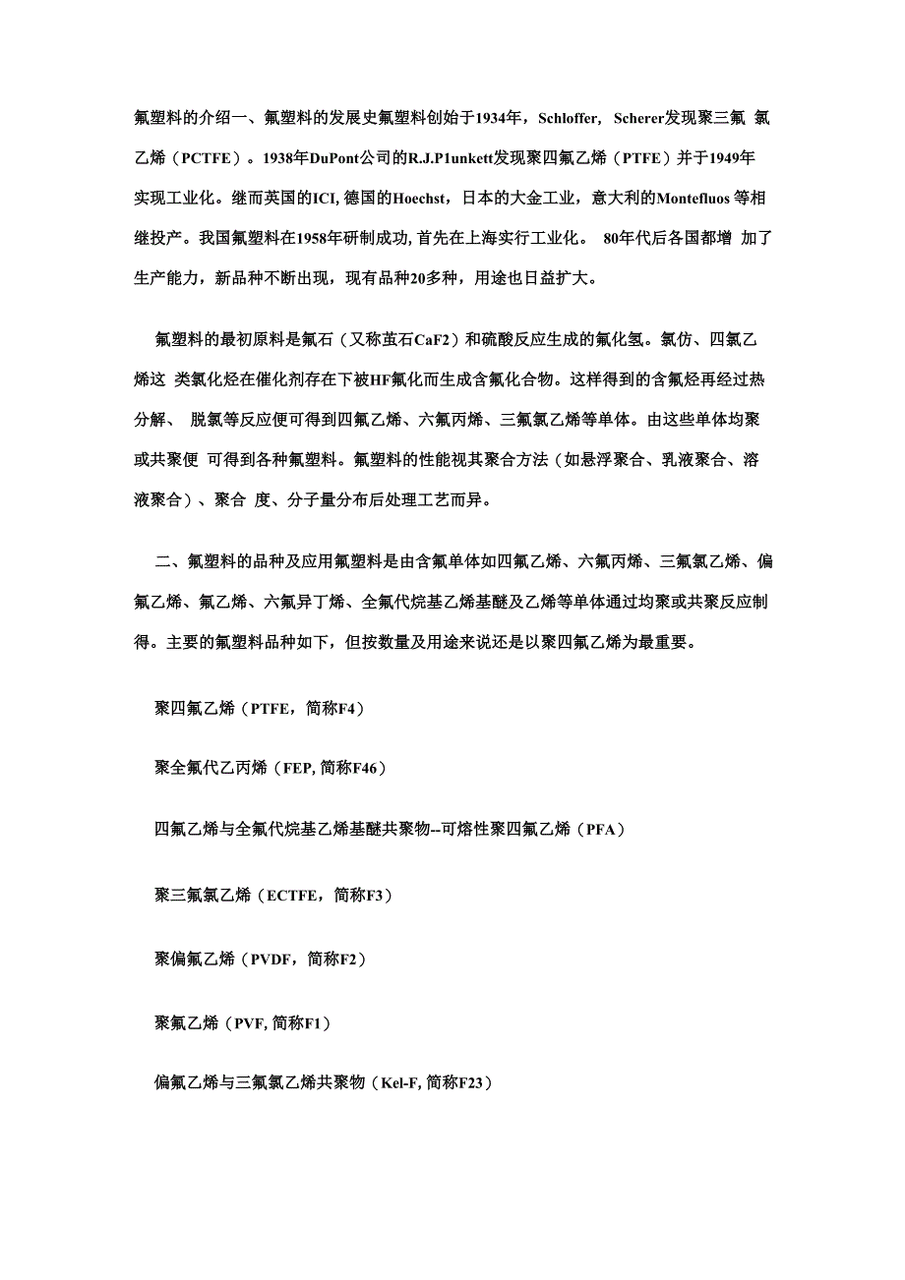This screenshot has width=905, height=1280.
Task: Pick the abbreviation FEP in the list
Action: (x=297, y=768)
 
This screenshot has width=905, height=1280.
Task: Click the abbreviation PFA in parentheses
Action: (x=600, y=830)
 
